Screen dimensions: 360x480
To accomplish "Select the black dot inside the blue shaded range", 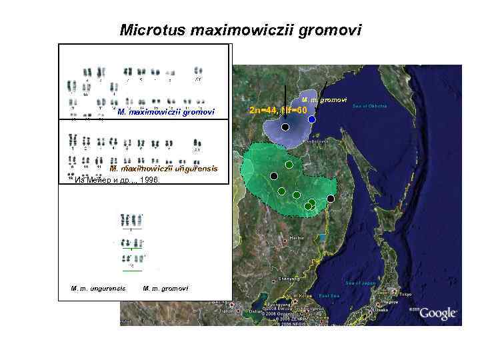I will click(285, 127).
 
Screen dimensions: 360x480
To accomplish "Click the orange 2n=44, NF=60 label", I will click(277, 109).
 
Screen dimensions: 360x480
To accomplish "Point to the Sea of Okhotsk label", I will click(370, 106).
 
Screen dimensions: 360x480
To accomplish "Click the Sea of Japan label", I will click(361, 283).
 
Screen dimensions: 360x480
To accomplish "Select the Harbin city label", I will click(297, 237).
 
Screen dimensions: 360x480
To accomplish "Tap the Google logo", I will click(437, 313).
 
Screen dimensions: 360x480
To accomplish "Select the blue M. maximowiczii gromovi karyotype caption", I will click(166, 112).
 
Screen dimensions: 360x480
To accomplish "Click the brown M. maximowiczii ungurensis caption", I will click(163, 169).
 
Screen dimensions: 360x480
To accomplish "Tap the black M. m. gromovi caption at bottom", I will click(165, 288).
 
